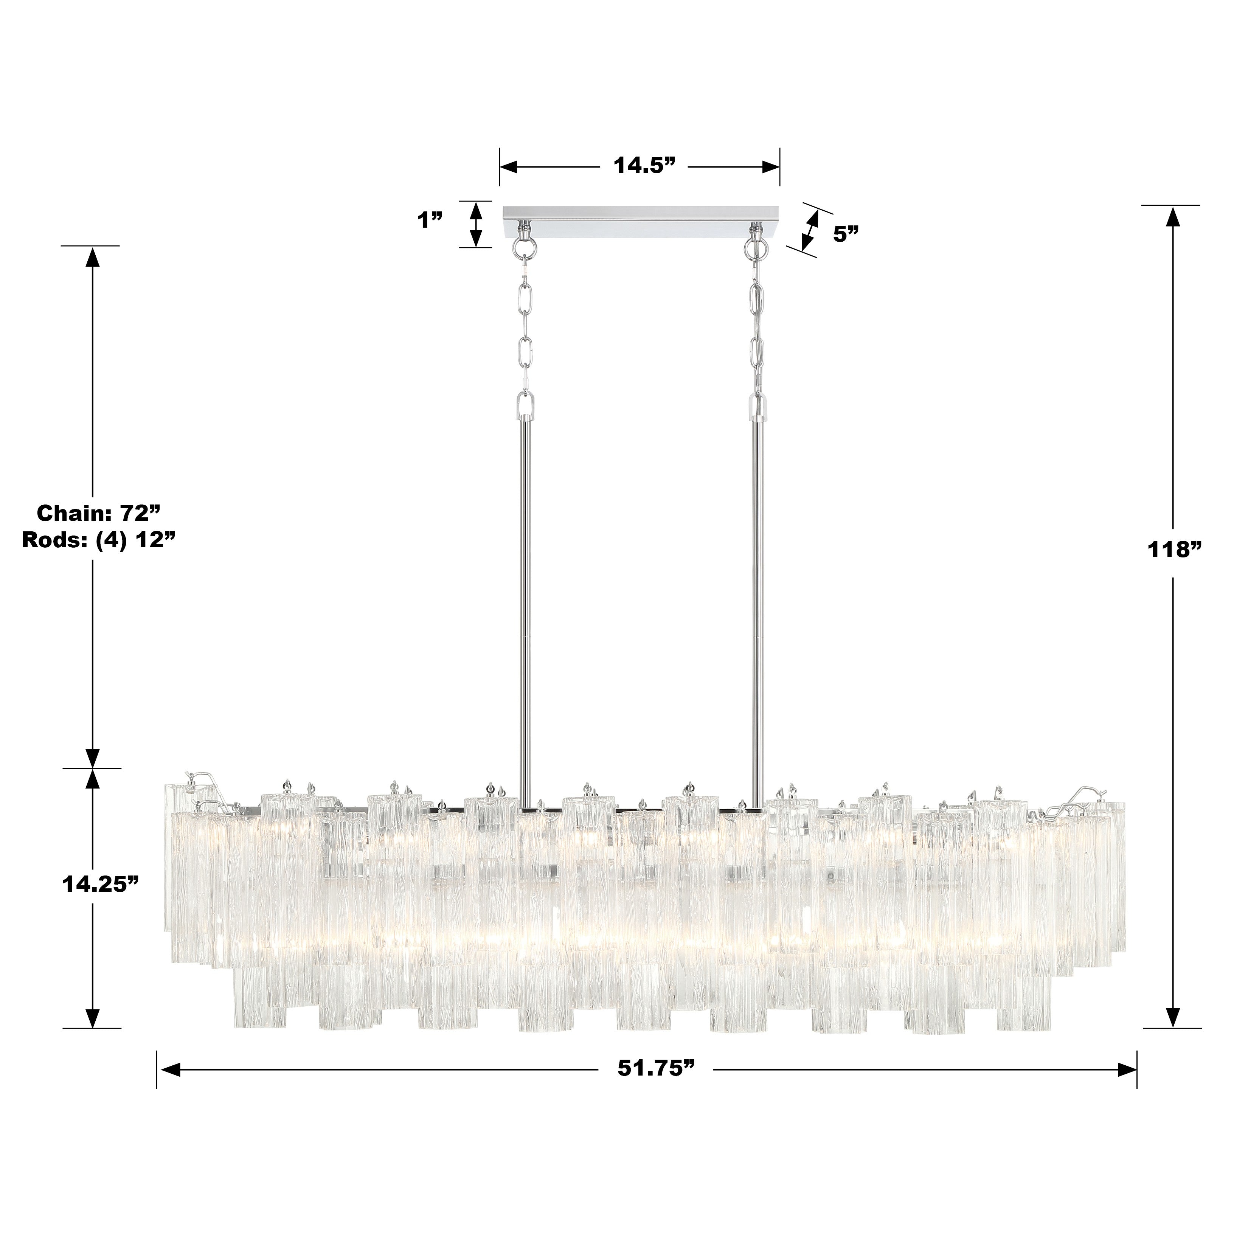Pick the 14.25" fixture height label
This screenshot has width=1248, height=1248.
101,884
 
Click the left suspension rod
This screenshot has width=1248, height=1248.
526,607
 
